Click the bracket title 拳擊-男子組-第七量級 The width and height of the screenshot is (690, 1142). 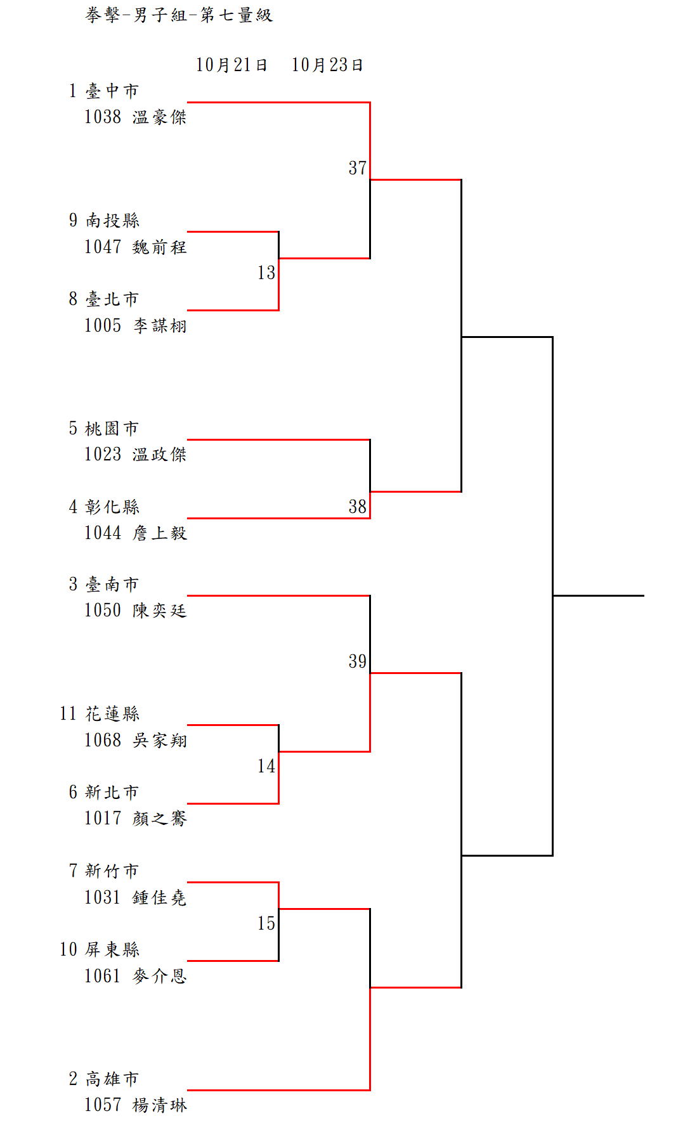(179, 15)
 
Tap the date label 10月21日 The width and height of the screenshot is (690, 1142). (231, 65)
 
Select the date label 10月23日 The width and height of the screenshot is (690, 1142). (327, 65)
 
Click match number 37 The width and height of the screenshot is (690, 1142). (358, 168)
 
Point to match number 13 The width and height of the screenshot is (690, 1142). (266, 273)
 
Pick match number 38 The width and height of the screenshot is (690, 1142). (358, 507)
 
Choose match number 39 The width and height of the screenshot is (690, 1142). (358, 661)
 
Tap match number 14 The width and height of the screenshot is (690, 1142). (266, 766)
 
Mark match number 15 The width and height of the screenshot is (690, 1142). (266, 923)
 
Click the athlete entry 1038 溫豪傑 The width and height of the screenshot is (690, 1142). (136, 117)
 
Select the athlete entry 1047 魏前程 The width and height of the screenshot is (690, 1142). (136, 247)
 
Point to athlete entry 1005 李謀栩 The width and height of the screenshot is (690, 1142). (136, 325)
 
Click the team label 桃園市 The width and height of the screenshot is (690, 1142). (112, 429)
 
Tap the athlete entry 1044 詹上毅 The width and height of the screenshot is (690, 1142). (136, 533)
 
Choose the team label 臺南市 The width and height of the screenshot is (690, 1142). (112, 585)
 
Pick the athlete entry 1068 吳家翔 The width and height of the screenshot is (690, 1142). (136, 740)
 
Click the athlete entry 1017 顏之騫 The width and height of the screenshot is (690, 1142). (136, 818)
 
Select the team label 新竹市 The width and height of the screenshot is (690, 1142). (112, 871)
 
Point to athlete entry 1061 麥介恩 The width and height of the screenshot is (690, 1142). (136, 975)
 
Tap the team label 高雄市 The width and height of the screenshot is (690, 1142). (112, 1079)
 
